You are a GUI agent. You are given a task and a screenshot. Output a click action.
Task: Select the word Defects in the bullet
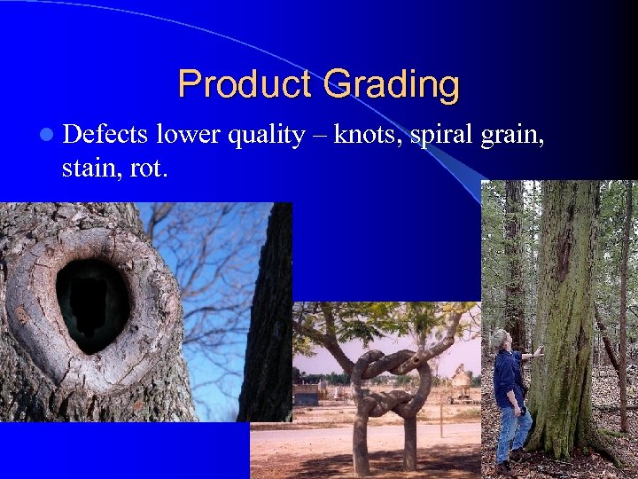point(105,134)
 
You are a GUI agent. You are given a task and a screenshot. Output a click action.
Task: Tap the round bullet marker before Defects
point(45,135)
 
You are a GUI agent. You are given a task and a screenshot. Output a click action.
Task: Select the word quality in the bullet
point(264,136)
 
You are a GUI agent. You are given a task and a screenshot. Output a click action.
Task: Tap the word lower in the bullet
point(188,134)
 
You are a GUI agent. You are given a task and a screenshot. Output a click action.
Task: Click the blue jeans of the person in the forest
point(513,430)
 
